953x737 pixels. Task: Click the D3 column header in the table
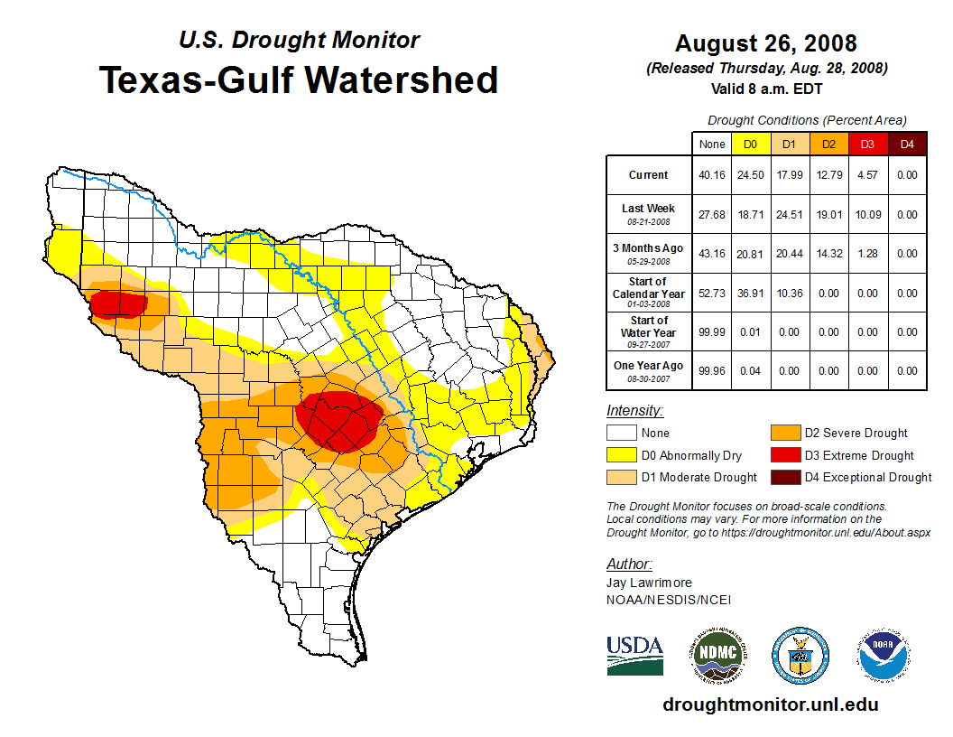[x=867, y=144]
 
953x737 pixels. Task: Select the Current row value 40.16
[x=712, y=175]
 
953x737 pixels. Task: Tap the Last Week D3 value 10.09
[x=867, y=214]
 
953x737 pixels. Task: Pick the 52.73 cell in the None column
[x=712, y=294]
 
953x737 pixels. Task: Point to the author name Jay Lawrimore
[x=649, y=583]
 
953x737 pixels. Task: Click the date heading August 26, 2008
[x=765, y=43]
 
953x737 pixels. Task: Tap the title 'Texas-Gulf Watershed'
[x=298, y=80]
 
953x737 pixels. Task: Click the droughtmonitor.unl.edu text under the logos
[x=770, y=704]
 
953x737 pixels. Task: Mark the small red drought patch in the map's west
[x=118, y=303]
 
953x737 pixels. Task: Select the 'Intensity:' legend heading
[x=634, y=411]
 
